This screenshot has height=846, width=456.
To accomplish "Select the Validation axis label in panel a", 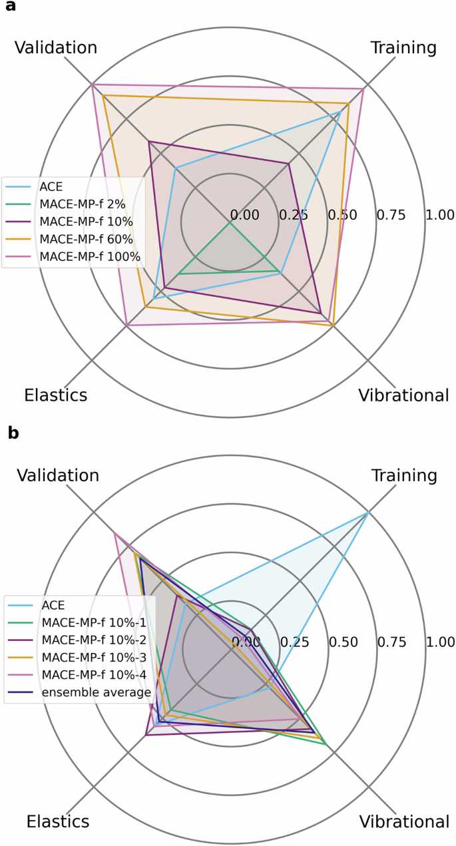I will click(55, 48).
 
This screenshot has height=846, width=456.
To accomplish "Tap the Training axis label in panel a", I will click(403, 48).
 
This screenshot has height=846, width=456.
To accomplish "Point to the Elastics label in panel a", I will click(56, 395).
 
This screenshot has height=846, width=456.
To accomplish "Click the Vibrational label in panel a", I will click(403, 395).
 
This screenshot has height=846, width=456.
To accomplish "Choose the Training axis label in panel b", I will click(403, 475).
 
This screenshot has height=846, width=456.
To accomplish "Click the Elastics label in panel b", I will click(58, 821).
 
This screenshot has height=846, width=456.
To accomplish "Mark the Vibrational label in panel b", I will click(404, 821).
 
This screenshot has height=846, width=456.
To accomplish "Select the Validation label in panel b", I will click(58, 475).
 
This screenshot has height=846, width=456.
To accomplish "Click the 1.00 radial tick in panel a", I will click(440, 215).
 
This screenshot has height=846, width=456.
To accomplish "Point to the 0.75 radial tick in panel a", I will click(391, 215).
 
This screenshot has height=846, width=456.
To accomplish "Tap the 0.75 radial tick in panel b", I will click(391, 642).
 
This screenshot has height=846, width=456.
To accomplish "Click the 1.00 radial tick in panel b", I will click(441, 642).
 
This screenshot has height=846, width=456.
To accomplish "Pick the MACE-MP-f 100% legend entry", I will click(90, 256).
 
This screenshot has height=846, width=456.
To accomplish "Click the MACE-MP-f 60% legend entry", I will click(87, 238).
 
